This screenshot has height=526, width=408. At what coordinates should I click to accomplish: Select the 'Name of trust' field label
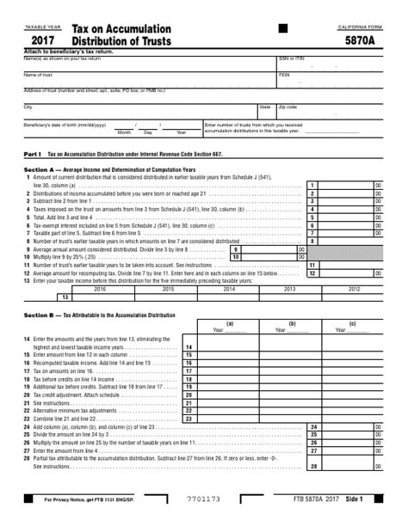tap(38, 75)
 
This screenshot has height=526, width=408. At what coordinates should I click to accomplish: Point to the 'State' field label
tap(264, 107)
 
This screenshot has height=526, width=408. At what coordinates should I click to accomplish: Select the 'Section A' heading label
tap(40, 170)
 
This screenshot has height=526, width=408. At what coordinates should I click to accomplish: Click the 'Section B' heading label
tap(40, 315)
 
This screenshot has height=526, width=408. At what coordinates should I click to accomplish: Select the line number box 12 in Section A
tap(314, 272)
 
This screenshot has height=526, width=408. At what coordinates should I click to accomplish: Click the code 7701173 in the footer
tap(203, 499)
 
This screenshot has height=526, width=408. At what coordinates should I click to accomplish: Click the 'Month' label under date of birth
tap(124, 132)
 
